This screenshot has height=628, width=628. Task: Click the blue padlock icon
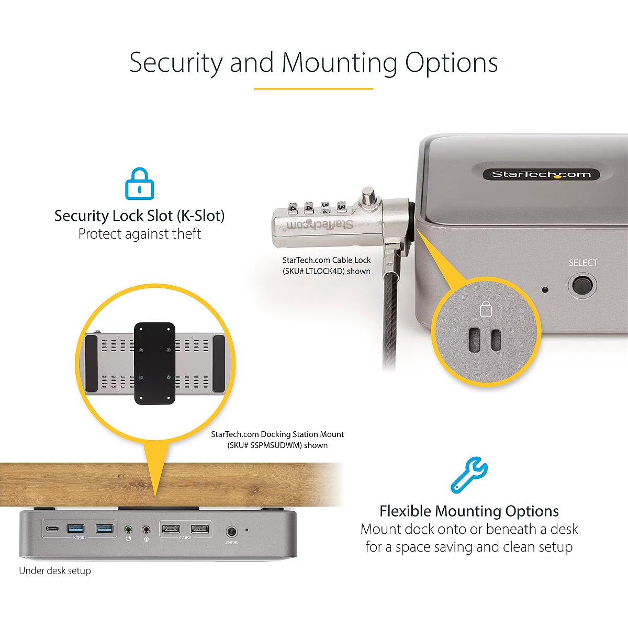[x=140, y=184]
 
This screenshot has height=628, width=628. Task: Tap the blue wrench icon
[x=469, y=475]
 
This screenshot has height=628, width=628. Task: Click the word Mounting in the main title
[x=339, y=62]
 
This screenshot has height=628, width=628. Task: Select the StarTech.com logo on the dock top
[x=541, y=174]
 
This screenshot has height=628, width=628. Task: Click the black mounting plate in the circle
[x=155, y=363]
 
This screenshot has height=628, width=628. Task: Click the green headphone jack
[x=128, y=529]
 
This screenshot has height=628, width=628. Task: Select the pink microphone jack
[x=147, y=529]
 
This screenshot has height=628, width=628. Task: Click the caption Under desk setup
[x=55, y=570]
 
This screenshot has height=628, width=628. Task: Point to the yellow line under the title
[x=313, y=88]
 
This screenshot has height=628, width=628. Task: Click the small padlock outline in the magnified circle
[x=486, y=308]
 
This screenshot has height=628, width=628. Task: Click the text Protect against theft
[x=140, y=233]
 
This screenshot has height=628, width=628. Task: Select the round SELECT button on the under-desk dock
[x=231, y=532]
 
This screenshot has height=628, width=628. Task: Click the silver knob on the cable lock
[x=368, y=197]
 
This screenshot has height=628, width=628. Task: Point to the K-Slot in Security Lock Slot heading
[x=201, y=216]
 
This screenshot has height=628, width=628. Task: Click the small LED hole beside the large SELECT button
[x=545, y=290]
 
